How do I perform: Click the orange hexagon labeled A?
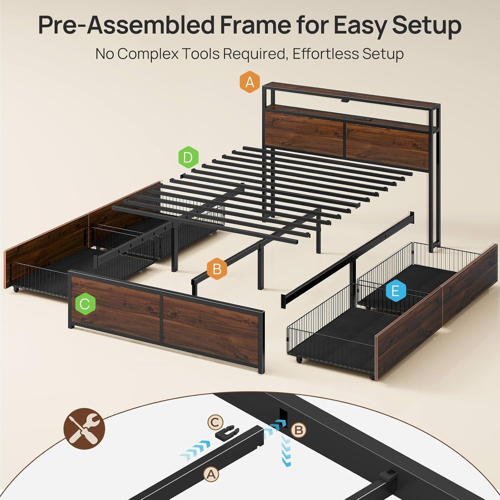pos(250,83)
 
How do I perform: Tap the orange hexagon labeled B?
pos(217,269)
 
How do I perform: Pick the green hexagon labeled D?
pos(188,158)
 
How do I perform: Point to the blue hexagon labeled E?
pos(395,291)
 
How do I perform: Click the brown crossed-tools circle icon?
pos(84,429)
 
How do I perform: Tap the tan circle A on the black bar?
pos(211,474)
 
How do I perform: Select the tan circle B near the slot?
pos(298,430)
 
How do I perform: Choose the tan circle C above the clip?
pos(215,422)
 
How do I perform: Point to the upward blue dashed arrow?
pos(286,450)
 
